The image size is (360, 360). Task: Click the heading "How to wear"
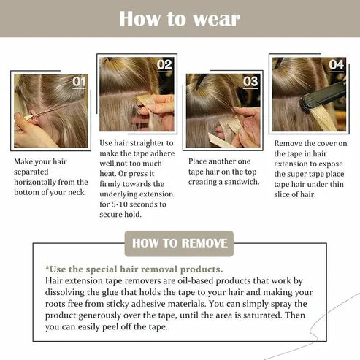click(179, 18)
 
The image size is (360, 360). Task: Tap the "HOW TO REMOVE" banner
click(179, 243)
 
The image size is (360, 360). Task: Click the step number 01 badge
click(79, 82)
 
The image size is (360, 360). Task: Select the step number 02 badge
click(164, 64)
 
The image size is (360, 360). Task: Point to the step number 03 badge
click(250, 81)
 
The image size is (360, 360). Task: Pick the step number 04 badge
click(336, 64)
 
